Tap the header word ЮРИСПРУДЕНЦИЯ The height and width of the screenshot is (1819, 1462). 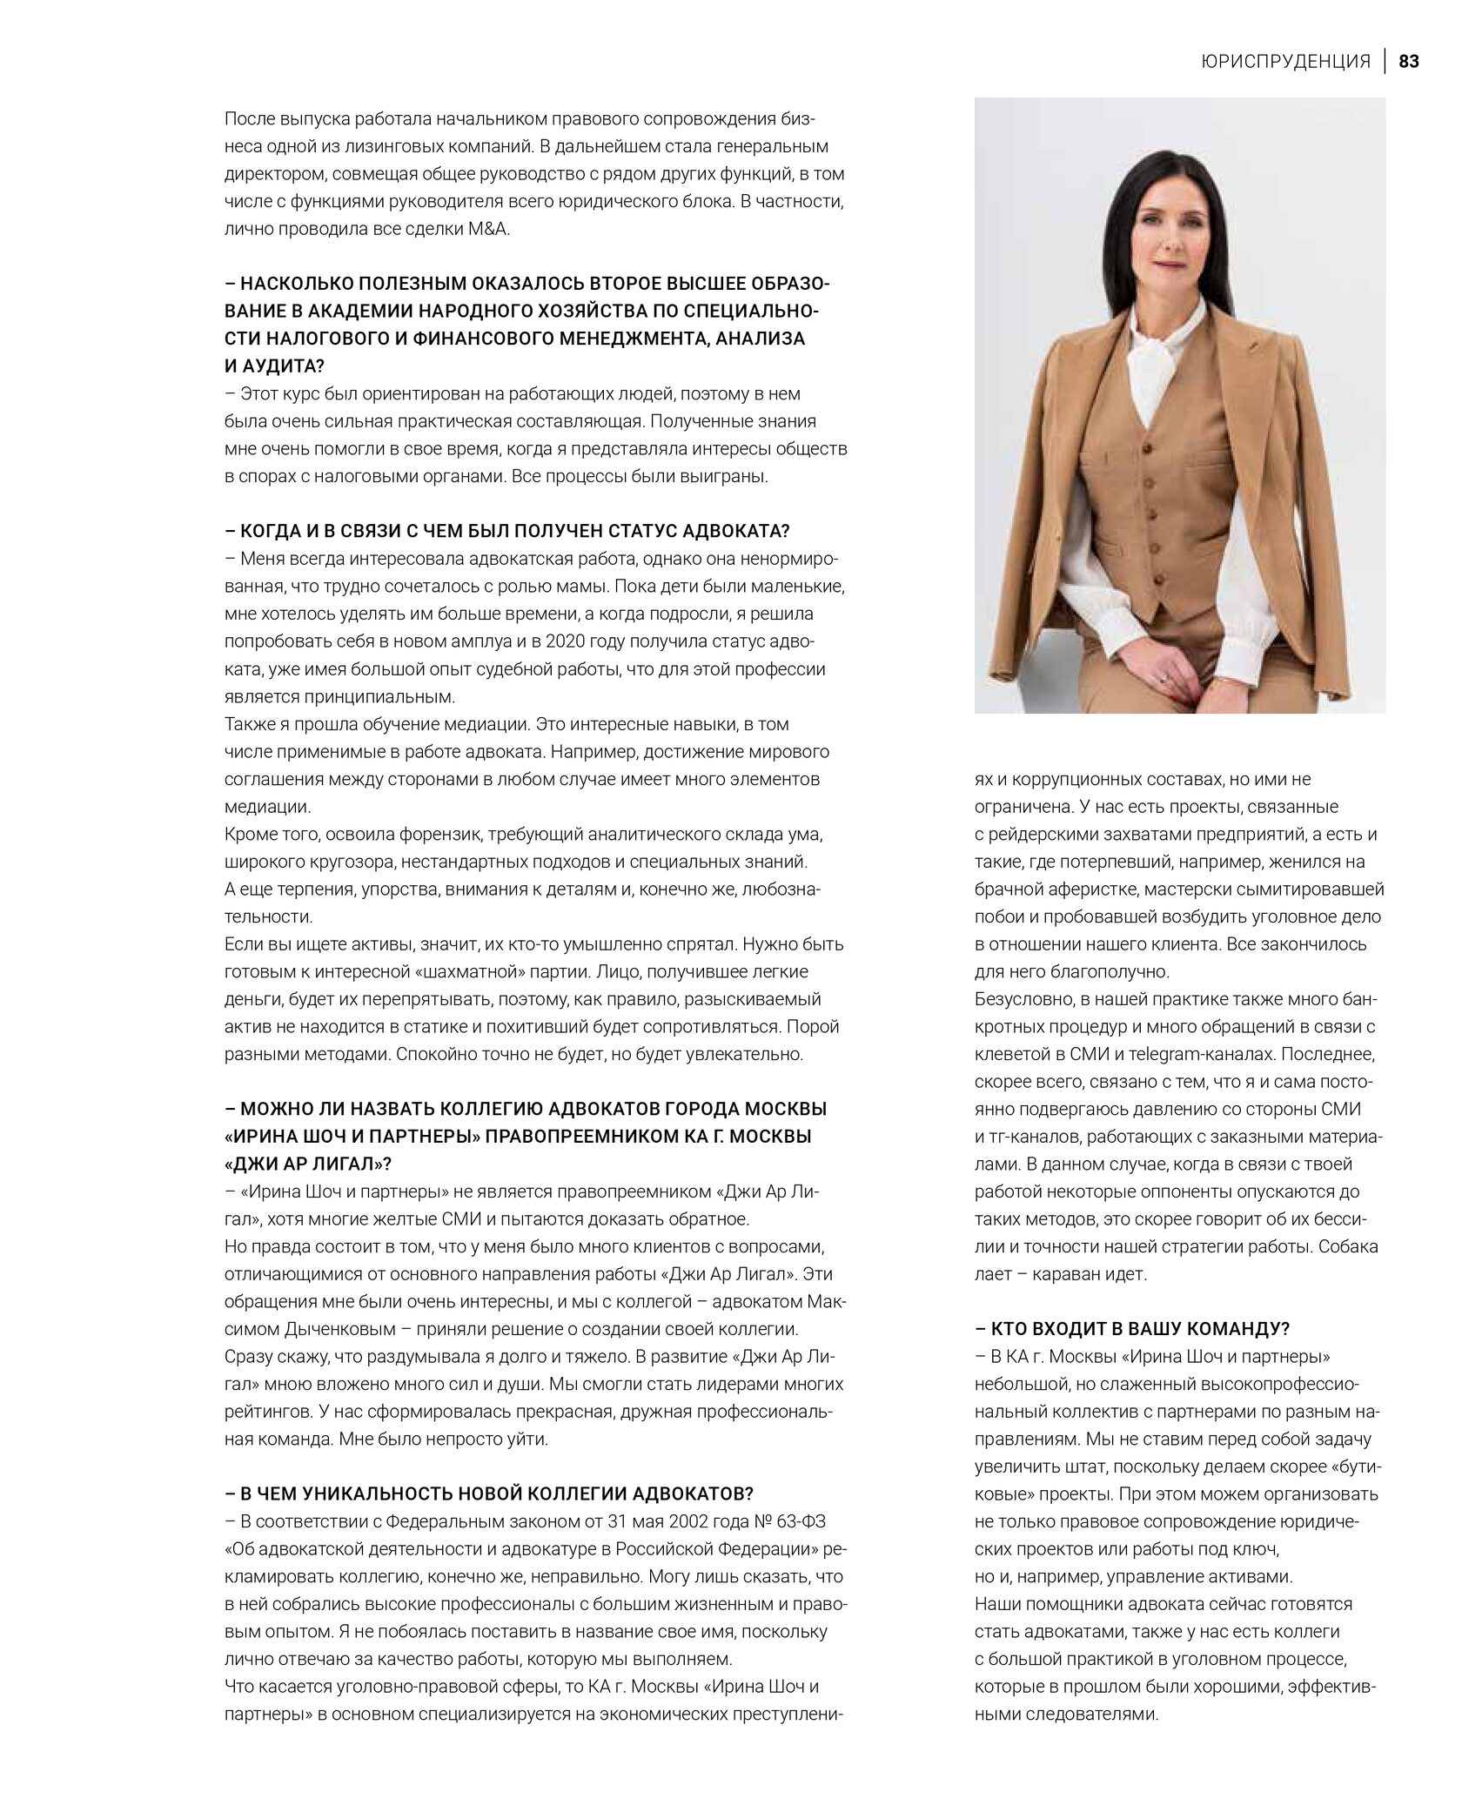[x=1285, y=62]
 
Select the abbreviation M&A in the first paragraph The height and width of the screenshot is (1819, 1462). [x=496, y=229]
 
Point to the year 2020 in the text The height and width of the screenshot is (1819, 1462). [x=569, y=641]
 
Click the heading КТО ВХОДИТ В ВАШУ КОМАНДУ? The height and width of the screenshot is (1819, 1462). [x=1132, y=1328]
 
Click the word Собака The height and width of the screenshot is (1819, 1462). [x=1348, y=1246]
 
